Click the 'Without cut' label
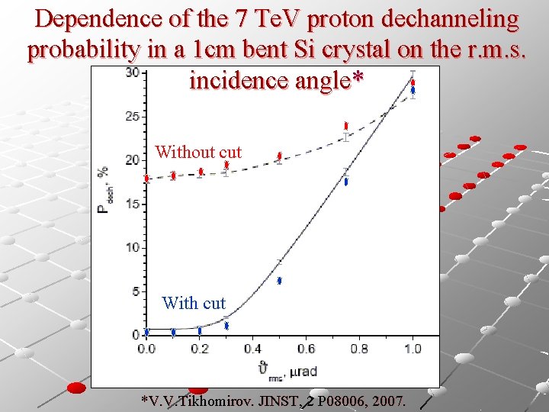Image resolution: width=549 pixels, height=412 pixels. (198, 153)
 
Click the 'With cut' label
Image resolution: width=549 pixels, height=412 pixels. (194, 304)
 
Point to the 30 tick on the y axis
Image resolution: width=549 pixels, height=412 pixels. (133, 72)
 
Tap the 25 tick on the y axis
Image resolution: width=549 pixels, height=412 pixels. (133, 116)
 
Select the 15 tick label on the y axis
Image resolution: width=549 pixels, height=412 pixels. (133, 204)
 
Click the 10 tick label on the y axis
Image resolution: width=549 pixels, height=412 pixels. (133, 247)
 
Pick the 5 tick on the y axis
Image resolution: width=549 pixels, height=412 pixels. (135, 291)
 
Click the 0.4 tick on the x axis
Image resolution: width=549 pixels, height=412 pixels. (252, 349)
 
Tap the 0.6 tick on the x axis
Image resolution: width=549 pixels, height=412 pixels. (306, 349)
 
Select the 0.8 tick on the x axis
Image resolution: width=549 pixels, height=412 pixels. (359, 349)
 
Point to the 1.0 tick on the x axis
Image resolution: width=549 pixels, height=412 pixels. (413, 349)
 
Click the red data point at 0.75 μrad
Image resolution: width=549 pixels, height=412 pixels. (346, 126)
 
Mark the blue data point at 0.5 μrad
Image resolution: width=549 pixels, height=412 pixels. (280, 281)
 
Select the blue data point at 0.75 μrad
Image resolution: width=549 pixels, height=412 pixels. (346, 182)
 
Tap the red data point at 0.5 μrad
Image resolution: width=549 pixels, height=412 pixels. (280, 156)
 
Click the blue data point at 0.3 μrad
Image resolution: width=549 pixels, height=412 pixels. (226, 326)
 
